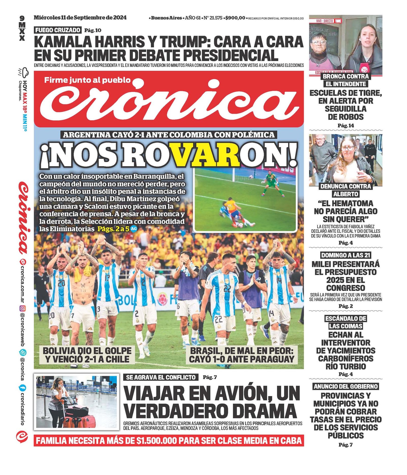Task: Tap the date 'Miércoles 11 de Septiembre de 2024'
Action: (80, 18)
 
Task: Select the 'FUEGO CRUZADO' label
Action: (58, 30)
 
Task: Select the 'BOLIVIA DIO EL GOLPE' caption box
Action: (87, 355)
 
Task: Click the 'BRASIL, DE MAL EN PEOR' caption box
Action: (241, 355)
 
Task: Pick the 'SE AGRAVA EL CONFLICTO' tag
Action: (161, 377)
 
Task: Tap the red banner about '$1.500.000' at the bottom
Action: (169, 440)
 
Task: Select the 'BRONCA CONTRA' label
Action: (345, 76)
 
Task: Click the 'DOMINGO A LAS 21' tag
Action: (345, 255)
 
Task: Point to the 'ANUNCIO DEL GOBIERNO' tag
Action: (345, 386)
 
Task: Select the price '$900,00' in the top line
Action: (235, 18)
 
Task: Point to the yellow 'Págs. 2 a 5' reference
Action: (113, 229)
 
